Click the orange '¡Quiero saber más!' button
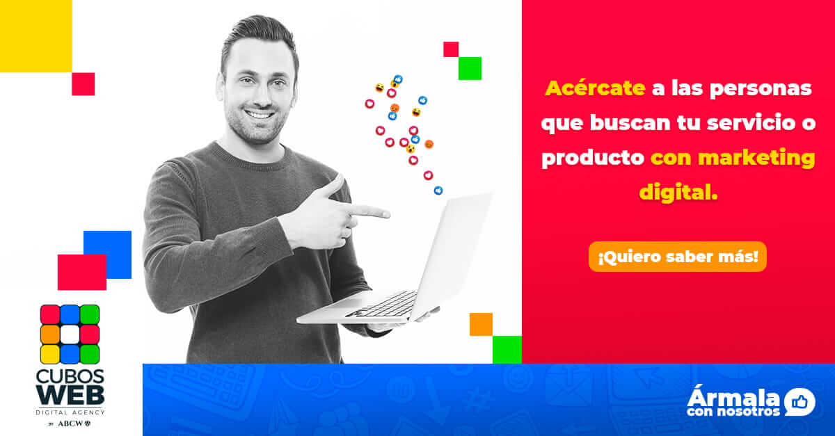[678, 257]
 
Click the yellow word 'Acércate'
[596, 88]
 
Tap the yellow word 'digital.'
[678, 193]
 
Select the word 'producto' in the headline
[593, 159]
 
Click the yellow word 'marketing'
[757, 159]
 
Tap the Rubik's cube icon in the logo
[70, 334]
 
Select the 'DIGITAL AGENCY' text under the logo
[70, 412]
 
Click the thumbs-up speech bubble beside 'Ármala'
[800, 402]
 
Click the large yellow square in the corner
[35, 35]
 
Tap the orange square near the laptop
[481, 324]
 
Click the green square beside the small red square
[470, 68]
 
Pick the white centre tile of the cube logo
[70, 334]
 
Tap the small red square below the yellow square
[83, 84]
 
